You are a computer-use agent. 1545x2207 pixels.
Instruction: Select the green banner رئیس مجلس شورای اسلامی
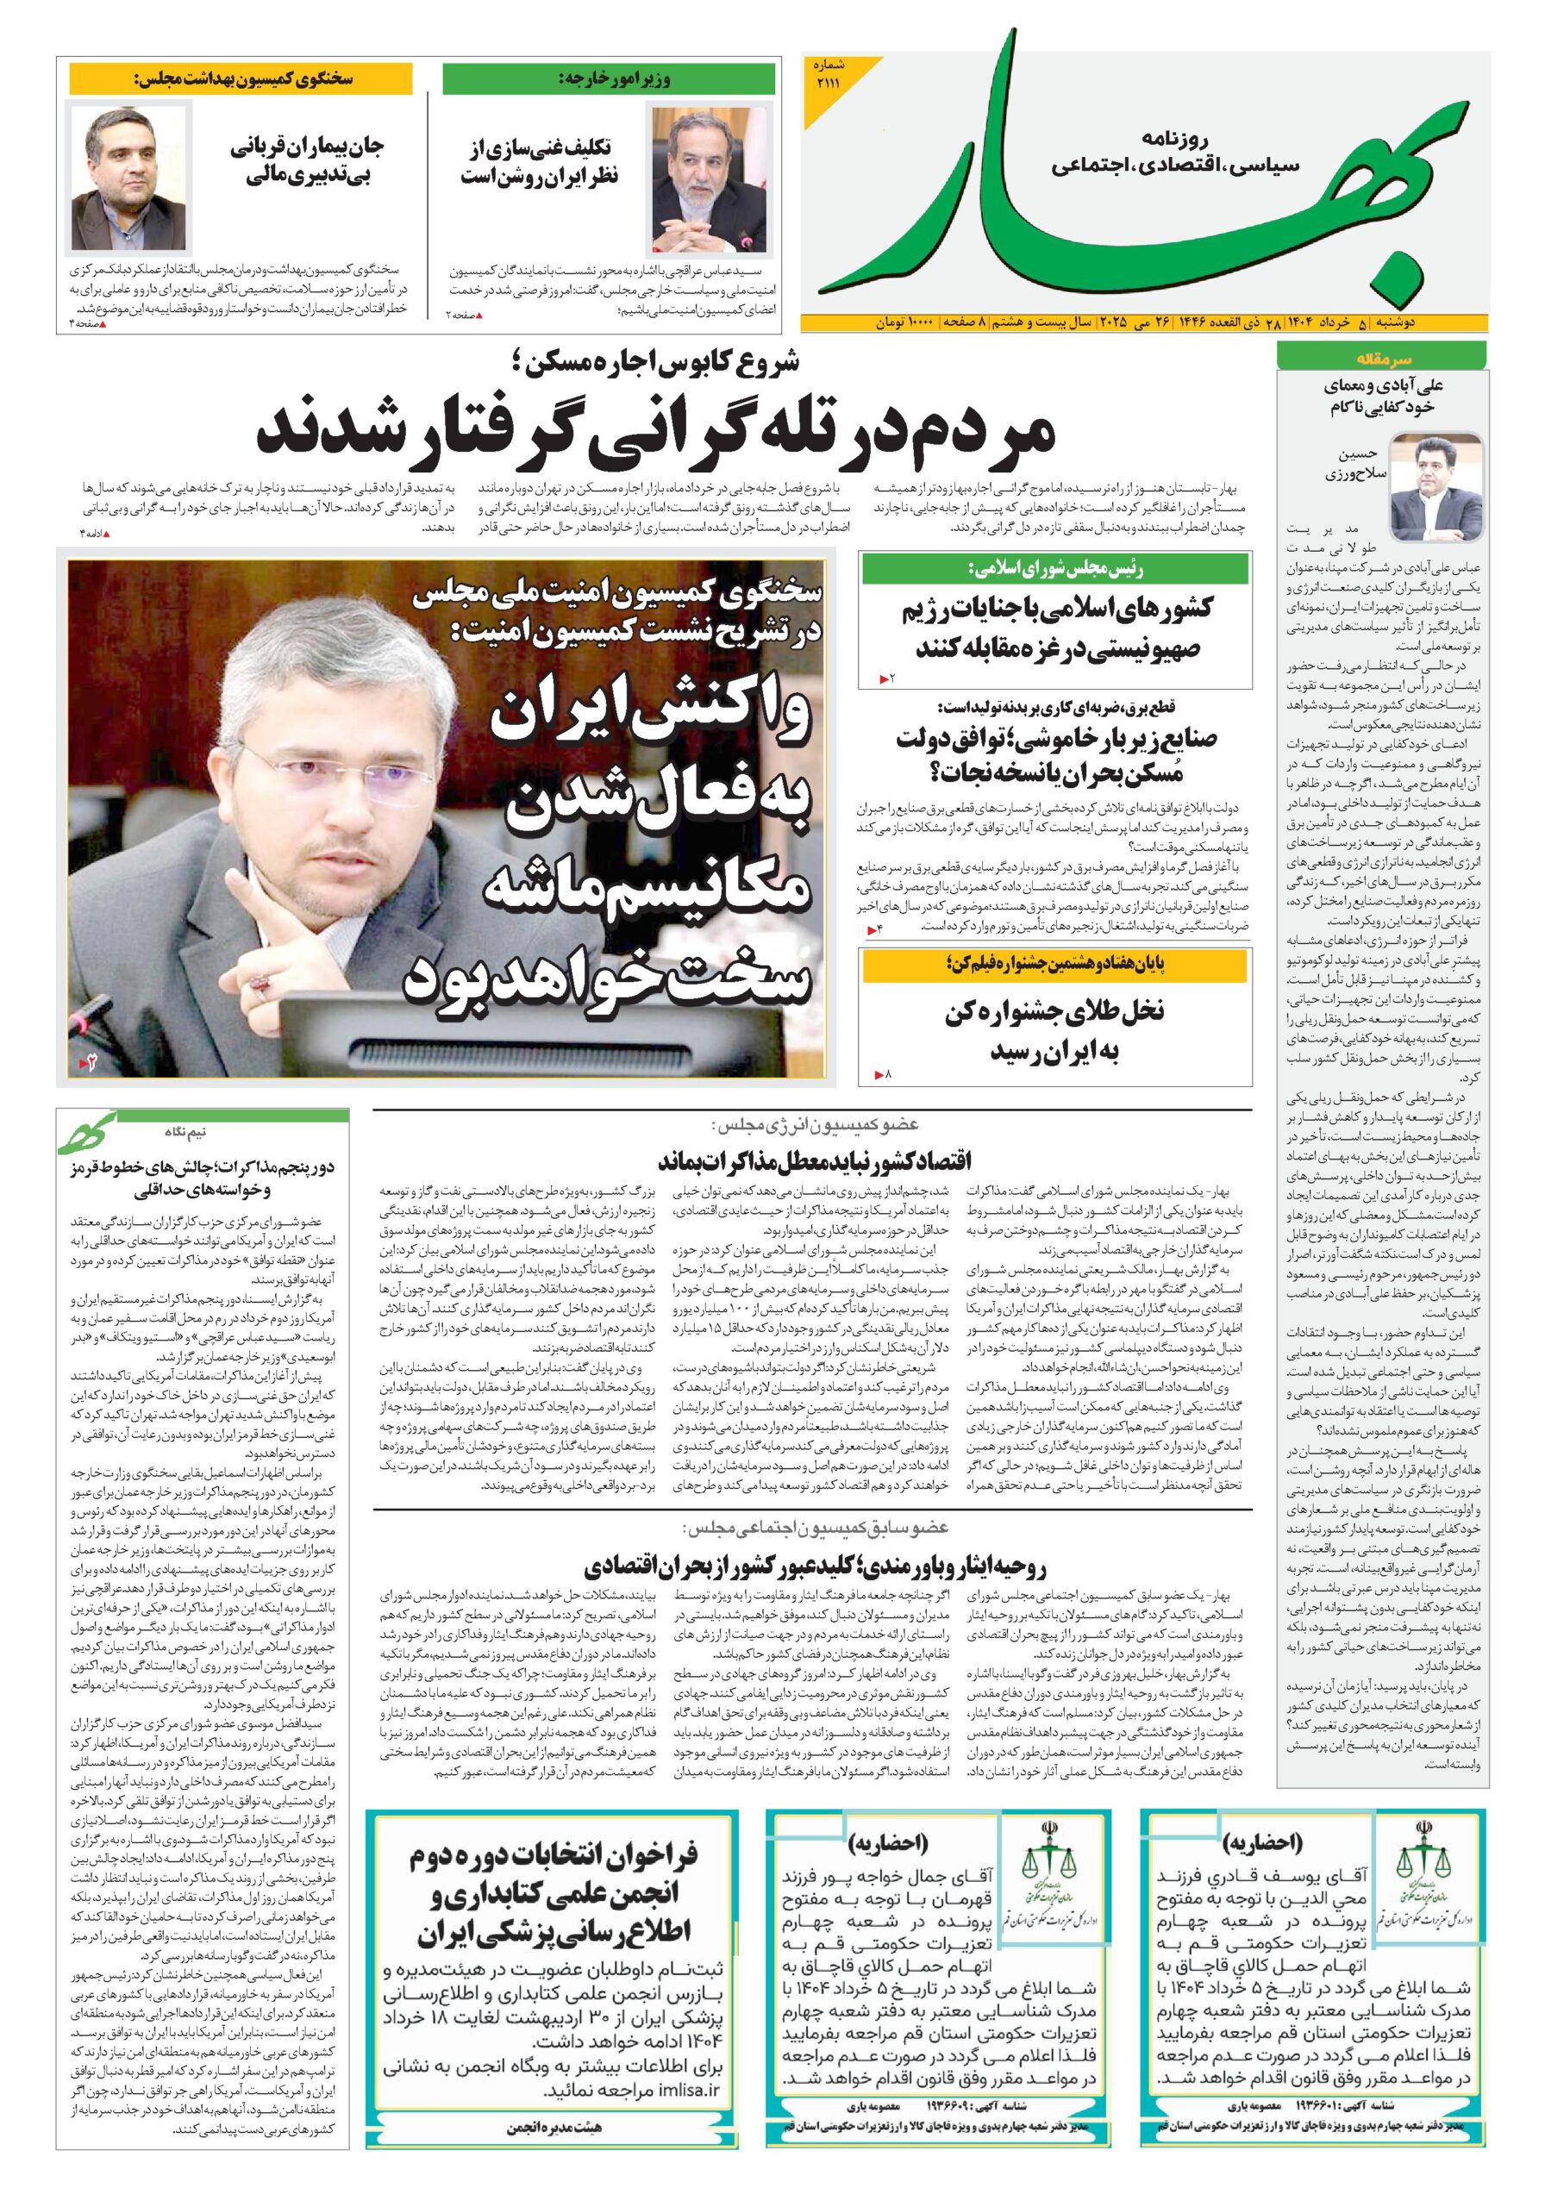(x=1054, y=569)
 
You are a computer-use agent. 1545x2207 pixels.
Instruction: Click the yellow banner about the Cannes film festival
(x=1054, y=964)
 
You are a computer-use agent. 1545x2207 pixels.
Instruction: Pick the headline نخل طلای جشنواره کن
(x=1054, y=1029)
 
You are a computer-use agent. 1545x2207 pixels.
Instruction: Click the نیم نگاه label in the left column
(x=184, y=1132)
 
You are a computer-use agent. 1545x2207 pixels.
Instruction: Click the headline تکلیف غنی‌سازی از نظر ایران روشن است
(x=541, y=161)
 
